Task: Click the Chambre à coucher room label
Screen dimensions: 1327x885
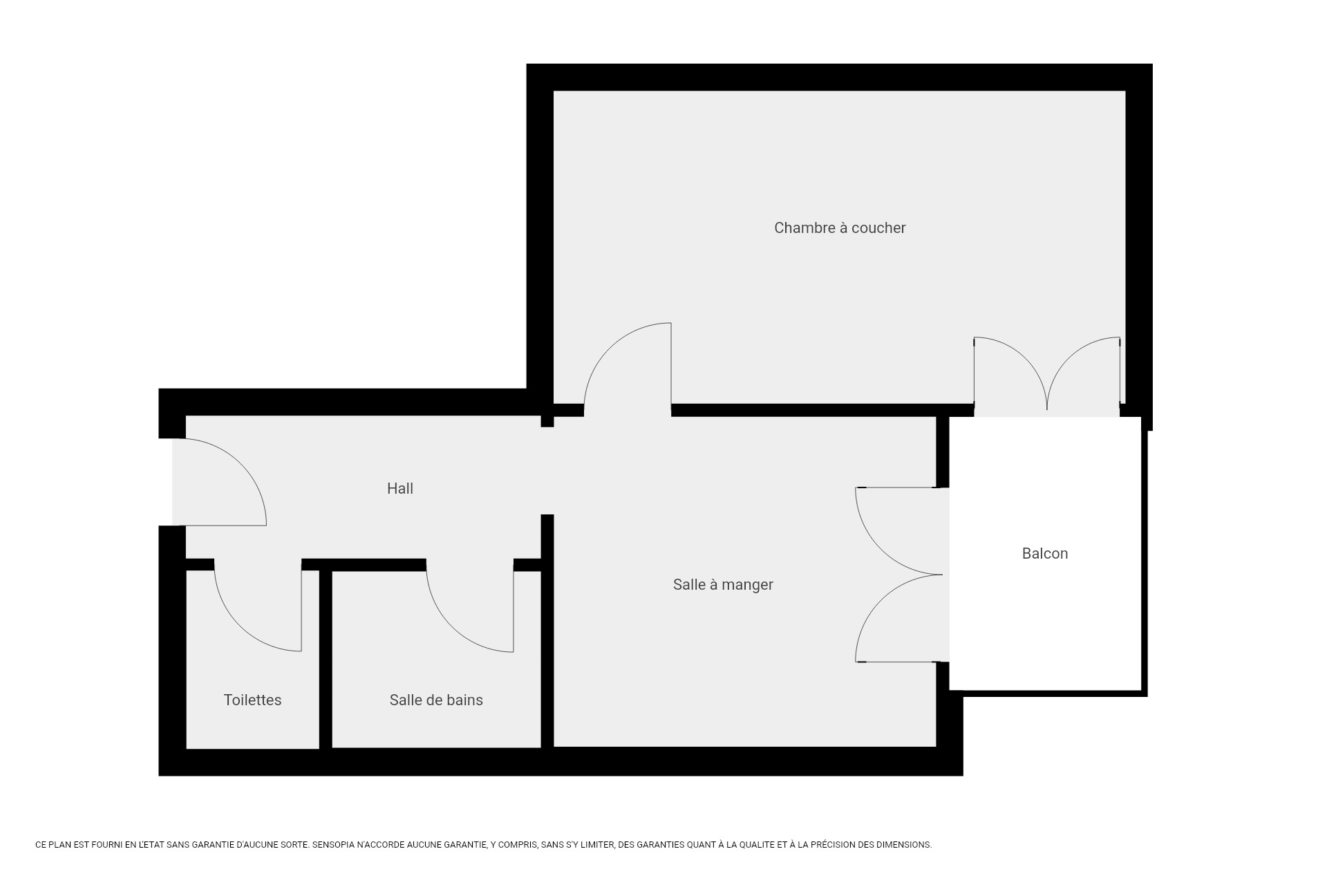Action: [x=840, y=228]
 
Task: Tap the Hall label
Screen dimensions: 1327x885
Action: [x=400, y=489]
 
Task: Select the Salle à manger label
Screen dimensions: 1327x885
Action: [x=723, y=585]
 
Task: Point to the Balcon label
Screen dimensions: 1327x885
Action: [x=1045, y=554]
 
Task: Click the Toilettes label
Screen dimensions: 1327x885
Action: [x=252, y=700]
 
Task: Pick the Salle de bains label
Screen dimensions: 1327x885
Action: [x=436, y=700]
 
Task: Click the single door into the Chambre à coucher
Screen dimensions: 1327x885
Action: [x=608, y=346]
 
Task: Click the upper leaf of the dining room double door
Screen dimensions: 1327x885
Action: [x=878, y=546]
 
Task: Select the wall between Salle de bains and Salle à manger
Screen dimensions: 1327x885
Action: [x=547, y=631]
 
